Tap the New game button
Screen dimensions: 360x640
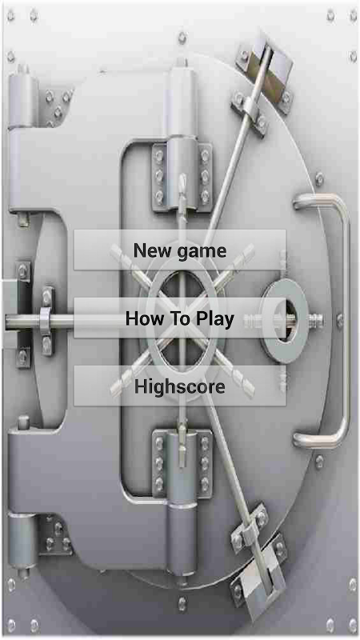(179, 250)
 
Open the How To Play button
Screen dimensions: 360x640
(179, 318)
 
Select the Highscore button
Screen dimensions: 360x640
(179, 386)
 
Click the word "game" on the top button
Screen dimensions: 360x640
(202, 251)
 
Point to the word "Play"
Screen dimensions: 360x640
(215, 319)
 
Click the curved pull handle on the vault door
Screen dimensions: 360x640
(342, 321)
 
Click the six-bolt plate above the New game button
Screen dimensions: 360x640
(182, 177)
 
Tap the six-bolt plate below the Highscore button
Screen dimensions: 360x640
(182, 462)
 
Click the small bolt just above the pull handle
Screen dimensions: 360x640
(319, 178)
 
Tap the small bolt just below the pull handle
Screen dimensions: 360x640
(319, 462)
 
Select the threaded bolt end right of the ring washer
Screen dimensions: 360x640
(316, 321)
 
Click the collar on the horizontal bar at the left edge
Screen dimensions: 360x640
(46, 321)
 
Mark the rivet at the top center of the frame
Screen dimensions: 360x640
(182, 38)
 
